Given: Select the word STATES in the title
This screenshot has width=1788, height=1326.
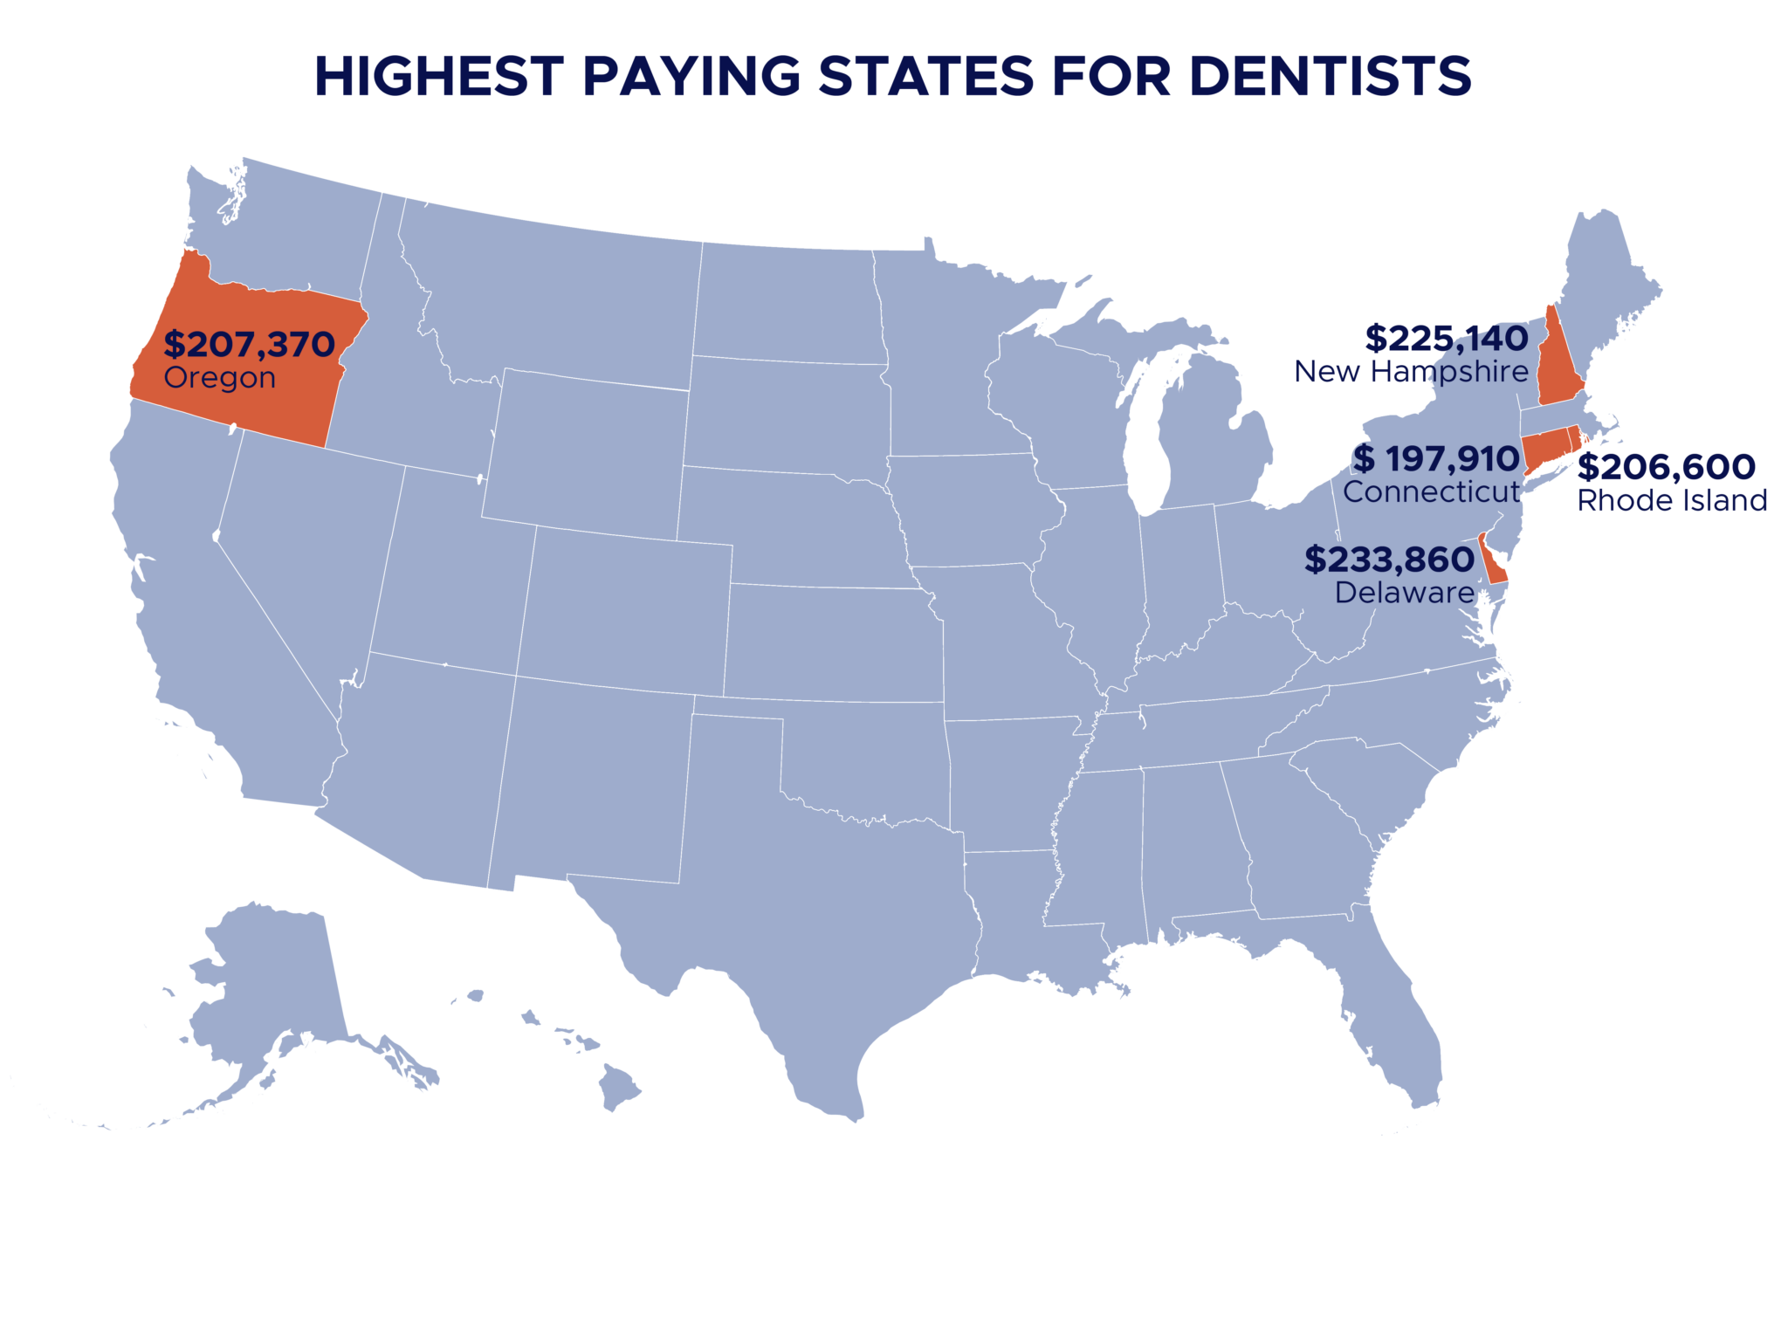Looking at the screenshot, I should (x=925, y=76).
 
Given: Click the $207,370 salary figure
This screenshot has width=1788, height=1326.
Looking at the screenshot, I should (x=250, y=345).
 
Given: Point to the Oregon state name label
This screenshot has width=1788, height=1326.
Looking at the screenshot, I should (x=220, y=378).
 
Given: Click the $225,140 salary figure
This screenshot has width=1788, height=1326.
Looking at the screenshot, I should (x=1446, y=338).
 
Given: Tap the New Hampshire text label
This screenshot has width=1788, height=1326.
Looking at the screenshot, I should (x=1411, y=372).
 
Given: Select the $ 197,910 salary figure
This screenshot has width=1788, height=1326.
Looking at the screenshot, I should (x=1436, y=459).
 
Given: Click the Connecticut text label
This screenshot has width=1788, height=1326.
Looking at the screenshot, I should (x=1432, y=492).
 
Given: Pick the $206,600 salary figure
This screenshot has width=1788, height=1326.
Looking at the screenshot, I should (x=1668, y=467).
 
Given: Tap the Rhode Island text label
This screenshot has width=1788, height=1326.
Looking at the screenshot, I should (x=1672, y=501).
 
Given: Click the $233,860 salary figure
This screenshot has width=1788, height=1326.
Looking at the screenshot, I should (x=1389, y=560).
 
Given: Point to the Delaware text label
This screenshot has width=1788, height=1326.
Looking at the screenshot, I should (x=1404, y=593).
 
